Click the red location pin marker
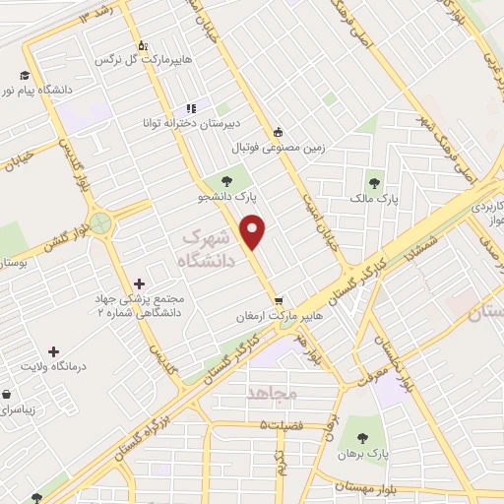[254, 232]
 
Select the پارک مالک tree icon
[374, 182]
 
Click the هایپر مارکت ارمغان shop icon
[280, 300]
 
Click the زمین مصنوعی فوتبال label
[278, 149]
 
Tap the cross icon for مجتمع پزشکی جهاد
[139, 283]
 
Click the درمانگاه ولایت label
[54, 366]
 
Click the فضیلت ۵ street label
[284, 424]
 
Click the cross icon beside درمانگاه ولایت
[53, 350]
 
